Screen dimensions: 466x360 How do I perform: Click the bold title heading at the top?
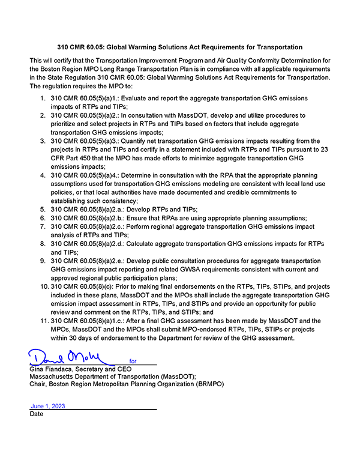point(180,46)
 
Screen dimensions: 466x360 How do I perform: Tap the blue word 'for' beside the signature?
point(133,362)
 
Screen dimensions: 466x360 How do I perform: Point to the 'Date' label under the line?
point(36,414)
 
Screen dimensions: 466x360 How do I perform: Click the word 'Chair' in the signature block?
point(38,384)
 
